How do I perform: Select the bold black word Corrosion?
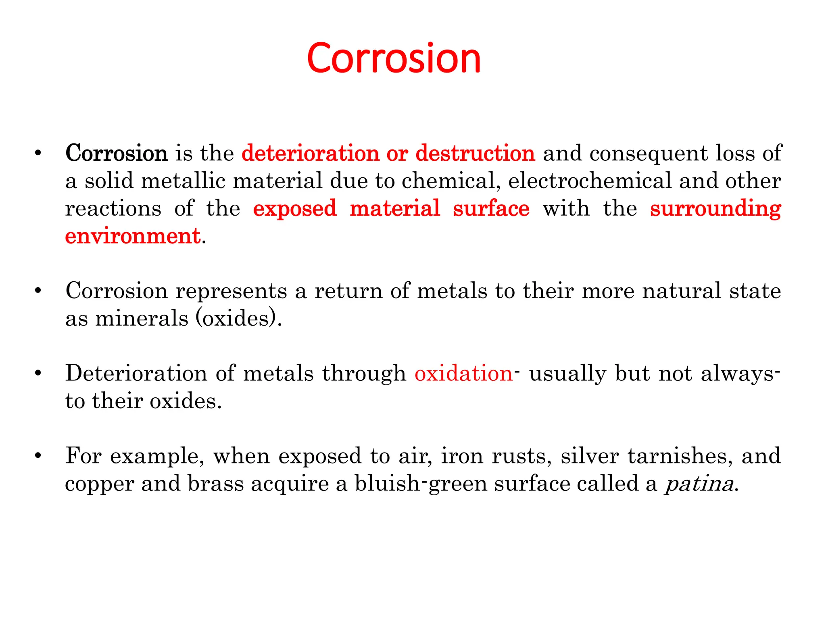[x=116, y=153]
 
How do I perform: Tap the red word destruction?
[x=475, y=153]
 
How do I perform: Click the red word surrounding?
[x=715, y=209]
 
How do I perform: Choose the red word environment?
[x=133, y=236]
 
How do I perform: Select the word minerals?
[x=142, y=318]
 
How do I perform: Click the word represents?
[x=231, y=291]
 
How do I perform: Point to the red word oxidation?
[x=463, y=373]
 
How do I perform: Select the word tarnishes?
[x=680, y=456]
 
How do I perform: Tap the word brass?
[x=216, y=484]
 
